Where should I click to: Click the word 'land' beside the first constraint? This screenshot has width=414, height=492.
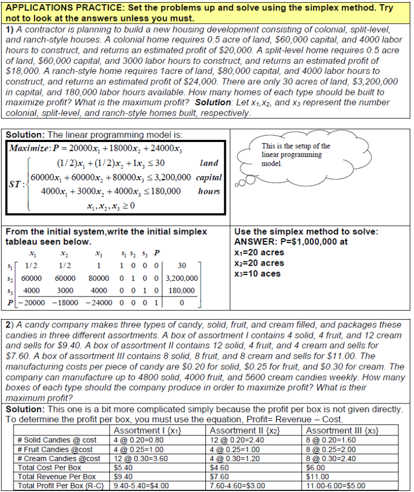(209, 163)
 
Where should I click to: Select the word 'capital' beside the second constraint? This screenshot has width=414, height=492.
(209, 177)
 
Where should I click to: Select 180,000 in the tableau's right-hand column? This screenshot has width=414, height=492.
(182, 290)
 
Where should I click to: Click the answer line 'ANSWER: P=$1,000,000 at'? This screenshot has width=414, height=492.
(284, 242)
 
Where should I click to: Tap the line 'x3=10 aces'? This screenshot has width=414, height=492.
(258, 273)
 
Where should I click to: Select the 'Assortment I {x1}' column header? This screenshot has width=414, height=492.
(144, 430)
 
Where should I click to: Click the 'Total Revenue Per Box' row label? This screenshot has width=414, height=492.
(57, 476)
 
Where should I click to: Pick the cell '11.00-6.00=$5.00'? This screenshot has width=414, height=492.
(335, 486)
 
